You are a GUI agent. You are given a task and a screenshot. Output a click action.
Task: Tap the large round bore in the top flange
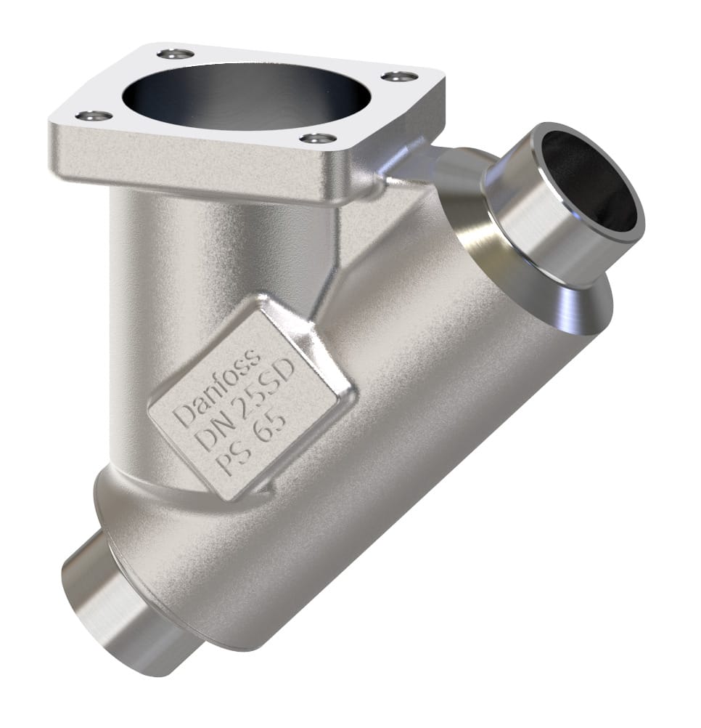click(247, 94)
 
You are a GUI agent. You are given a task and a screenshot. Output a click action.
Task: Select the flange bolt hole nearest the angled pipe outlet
click(399, 76)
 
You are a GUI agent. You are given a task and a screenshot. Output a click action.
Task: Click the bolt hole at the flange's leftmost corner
click(94, 116)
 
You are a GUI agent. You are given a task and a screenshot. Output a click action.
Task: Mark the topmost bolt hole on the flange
click(176, 54)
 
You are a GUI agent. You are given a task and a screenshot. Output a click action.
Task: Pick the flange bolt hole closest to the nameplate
click(318, 138)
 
